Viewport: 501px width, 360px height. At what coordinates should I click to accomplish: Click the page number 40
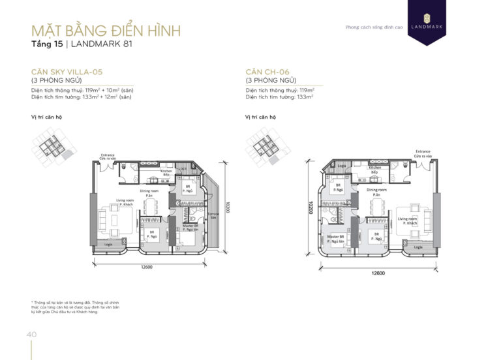[30, 335]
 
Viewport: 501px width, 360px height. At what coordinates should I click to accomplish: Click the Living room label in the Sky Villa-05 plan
[125, 202]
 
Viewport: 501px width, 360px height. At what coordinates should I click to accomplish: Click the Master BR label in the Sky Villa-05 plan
[190, 228]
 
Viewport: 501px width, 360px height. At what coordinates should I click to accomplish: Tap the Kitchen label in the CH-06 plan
[374, 170]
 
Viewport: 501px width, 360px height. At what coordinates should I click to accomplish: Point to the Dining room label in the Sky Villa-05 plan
[149, 192]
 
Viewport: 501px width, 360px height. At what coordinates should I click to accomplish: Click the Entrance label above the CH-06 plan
[422, 153]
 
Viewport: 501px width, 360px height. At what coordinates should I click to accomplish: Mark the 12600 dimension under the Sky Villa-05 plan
[146, 267]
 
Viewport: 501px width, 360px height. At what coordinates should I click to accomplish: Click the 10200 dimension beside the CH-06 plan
[307, 211]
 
